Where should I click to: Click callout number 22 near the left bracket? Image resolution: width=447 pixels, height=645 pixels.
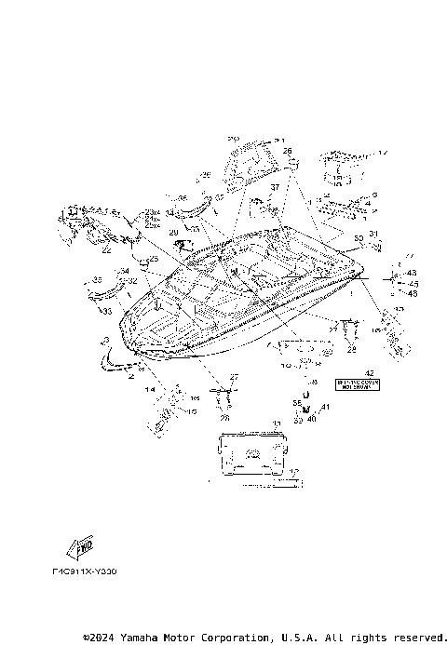(x=106, y=250)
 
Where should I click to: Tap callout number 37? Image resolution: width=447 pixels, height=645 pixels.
(x=275, y=187)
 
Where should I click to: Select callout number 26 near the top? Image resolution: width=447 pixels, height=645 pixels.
(x=287, y=150)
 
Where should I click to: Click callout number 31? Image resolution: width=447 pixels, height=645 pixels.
(x=372, y=233)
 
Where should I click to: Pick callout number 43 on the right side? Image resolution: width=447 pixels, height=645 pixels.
(x=413, y=273)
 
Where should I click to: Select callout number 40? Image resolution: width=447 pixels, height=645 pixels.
(x=312, y=419)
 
